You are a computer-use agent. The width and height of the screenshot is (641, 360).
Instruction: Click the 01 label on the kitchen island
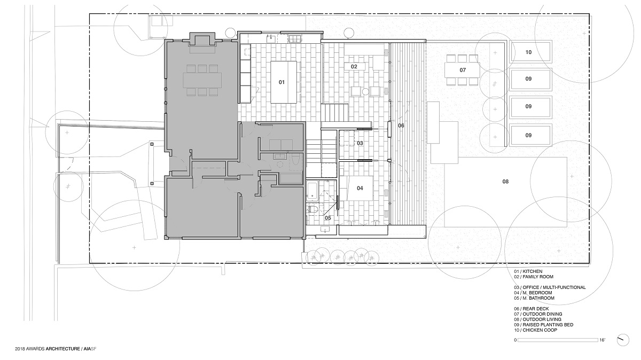[282, 82]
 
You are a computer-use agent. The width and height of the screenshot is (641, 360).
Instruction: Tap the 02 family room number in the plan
[354, 67]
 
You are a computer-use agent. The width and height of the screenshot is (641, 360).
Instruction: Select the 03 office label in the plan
[360, 143]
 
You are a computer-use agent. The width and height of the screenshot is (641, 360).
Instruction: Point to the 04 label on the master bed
[360, 188]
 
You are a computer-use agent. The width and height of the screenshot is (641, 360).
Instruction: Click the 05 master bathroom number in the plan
[328, 218]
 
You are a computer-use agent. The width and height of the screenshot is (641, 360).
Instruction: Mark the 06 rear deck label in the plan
[401, 126]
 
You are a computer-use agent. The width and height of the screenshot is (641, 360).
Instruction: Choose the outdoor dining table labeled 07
[463, 70]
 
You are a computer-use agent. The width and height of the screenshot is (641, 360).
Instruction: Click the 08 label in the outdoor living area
[505, 182]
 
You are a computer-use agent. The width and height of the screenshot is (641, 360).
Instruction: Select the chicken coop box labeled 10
[528, 52]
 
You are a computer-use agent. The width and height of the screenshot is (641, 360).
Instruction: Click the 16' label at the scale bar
[602, 340]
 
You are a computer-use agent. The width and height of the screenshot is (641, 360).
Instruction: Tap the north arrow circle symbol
[621, 339]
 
